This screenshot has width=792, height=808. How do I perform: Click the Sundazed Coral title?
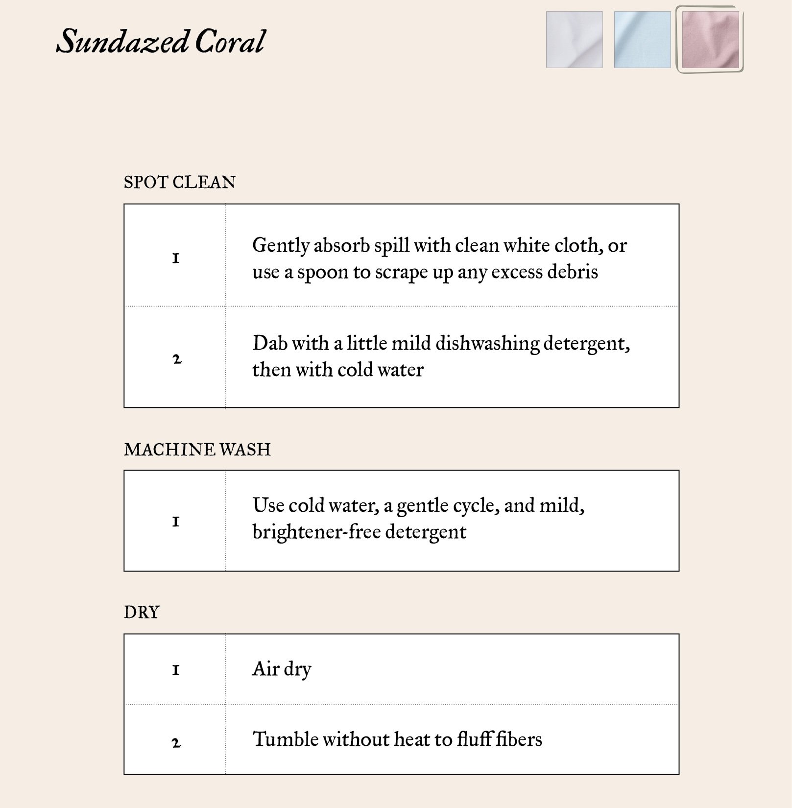coord(161,41)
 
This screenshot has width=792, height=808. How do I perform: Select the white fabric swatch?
coord(574,40)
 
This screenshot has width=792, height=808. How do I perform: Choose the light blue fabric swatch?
coord(642,40)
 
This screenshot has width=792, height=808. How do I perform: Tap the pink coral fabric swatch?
coord(710,40)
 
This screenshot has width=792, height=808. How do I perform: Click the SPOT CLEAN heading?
coord(179,183)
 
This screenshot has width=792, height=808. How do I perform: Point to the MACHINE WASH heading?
coord(197,450)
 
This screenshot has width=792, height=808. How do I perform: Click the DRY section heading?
coord(142,613)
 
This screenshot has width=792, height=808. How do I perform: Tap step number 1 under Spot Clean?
coord(176,258)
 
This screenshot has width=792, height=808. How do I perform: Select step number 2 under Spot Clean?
coord(177,359)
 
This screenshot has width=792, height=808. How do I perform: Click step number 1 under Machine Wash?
coord(176,522)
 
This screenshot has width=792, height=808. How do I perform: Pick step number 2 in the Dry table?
coord(176,743)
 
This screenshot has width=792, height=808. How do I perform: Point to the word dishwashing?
coord(487,343)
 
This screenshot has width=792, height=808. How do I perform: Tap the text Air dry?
coord(282,669)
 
